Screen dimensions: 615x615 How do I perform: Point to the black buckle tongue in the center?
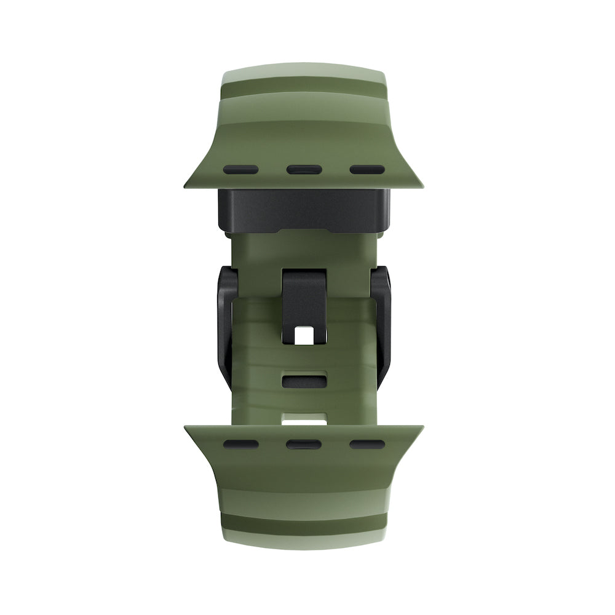point(303,292)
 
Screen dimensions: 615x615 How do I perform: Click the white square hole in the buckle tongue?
point(303,335)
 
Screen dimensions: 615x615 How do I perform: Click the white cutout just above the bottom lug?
point(303,419)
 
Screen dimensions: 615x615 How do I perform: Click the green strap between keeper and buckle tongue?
point(303,249)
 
